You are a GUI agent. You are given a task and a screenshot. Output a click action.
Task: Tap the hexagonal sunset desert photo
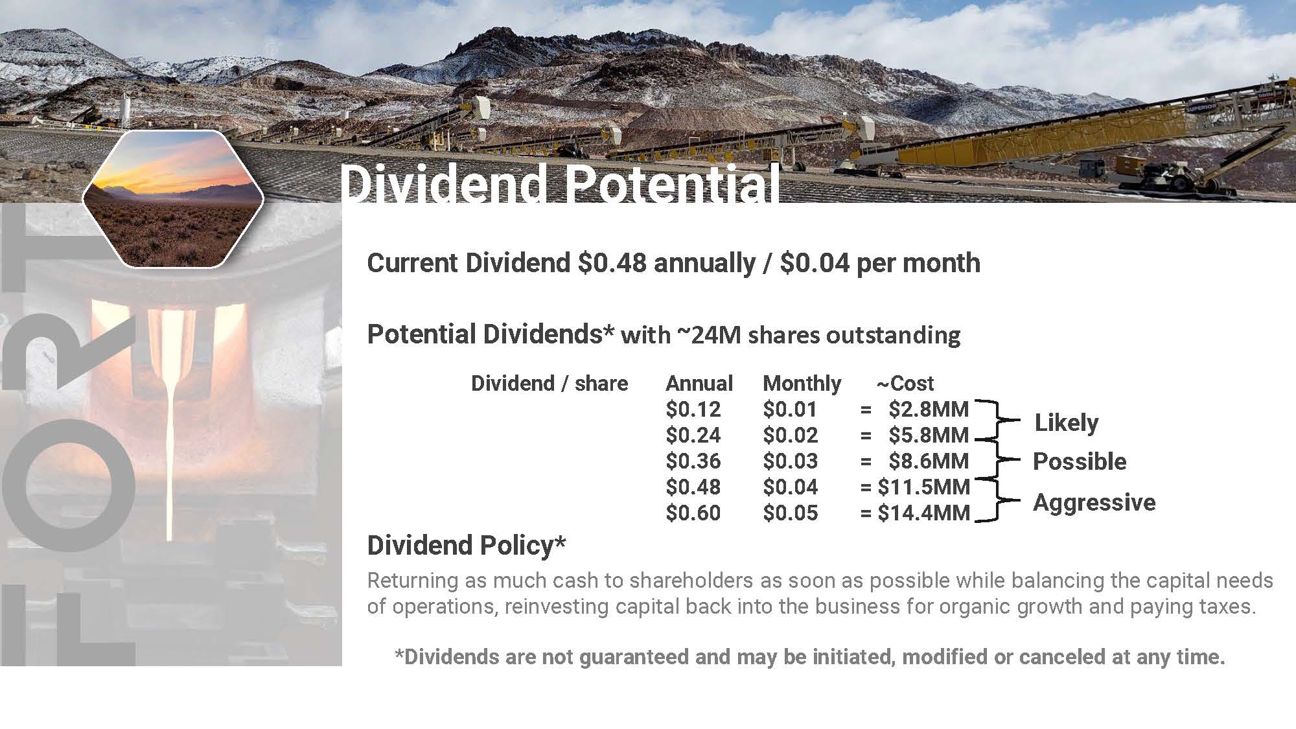point(173,199)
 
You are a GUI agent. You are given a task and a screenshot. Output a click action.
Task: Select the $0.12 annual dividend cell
point(693,410)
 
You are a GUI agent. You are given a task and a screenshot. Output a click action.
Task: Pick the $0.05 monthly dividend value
point(790,513)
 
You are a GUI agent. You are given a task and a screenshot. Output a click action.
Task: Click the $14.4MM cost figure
point(923,513)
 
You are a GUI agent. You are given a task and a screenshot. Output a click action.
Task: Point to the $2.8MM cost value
point(929,410)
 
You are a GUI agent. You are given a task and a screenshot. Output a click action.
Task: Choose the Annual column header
point(699,384)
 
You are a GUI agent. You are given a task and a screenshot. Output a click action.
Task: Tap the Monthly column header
point(802,384)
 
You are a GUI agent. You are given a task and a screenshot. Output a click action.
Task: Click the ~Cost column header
point(905,384)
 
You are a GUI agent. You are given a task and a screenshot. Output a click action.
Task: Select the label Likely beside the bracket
point(1067,423)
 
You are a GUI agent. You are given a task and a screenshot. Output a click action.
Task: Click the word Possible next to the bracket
point(1080,461)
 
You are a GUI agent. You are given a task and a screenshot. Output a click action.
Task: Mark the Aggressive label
point(1094,503)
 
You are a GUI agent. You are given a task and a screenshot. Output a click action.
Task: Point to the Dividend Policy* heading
point(467,546)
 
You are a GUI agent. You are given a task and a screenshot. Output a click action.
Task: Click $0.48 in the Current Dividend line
point(612,263)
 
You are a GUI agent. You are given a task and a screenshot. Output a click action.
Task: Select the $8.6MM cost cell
point(929,461)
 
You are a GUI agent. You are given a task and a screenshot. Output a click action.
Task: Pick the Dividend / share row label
point(550,384)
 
